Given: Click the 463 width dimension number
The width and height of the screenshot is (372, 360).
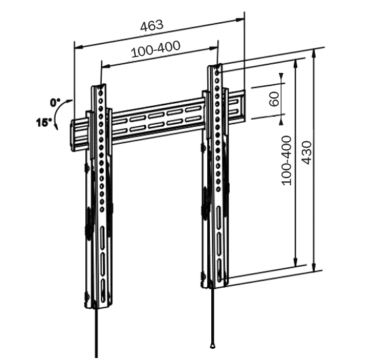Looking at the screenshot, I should click(x=152, y=26).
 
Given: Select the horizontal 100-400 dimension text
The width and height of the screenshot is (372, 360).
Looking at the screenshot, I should click(x=156, y=51).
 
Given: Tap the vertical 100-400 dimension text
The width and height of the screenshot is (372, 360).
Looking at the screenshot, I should click(x=286, y=160).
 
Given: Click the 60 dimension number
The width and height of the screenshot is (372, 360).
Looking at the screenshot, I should click(x=274, y=99).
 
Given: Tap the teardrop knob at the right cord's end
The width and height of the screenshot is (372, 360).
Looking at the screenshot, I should click(x=213, y=345).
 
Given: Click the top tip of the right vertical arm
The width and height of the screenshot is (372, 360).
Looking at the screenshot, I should click(x=217, y=66).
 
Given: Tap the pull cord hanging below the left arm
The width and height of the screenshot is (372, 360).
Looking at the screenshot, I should click(x=96, y=335).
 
